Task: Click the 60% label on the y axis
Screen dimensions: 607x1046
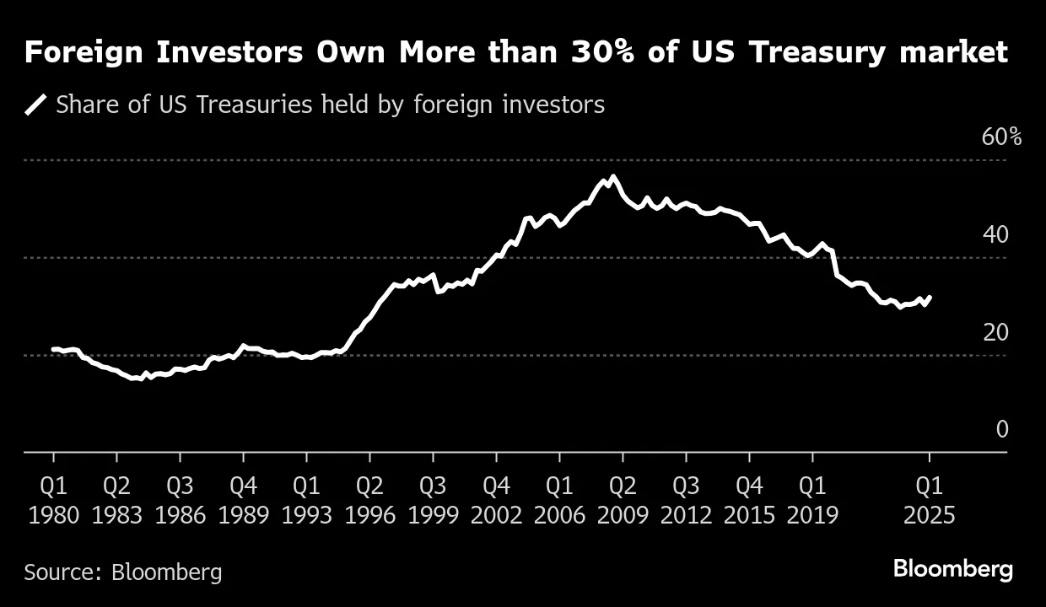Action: tap(1001, 137)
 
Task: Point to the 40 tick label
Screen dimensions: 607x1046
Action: tap(995, 234)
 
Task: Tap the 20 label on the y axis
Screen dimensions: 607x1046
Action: tap(995, 332)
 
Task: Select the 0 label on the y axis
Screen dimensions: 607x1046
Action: tap(1002, 430)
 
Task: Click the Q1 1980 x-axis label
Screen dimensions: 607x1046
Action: tap(54, 500)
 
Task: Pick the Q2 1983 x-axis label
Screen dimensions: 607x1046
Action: tap(116, 500)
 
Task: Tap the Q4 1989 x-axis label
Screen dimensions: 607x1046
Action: tap(243, 500)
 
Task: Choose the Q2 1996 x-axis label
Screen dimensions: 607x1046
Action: tap(369, 500)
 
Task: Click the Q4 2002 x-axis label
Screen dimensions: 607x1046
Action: tap(496, 500)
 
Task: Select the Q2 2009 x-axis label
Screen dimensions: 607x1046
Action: tap(623, 500)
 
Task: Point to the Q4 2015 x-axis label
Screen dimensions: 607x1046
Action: tap(749, 500)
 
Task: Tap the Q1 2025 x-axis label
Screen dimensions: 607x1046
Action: tap(929, 500)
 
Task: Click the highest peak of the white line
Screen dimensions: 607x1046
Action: tap(612, 176)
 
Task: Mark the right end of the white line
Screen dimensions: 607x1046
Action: tap(930, 297)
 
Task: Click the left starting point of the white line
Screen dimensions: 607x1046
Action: tap(53, 349)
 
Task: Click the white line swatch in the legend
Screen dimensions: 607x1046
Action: tap(35, 105)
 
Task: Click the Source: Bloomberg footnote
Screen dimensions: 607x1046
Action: tap(123, 572)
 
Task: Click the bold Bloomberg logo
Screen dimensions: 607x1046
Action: tap(952, 569)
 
